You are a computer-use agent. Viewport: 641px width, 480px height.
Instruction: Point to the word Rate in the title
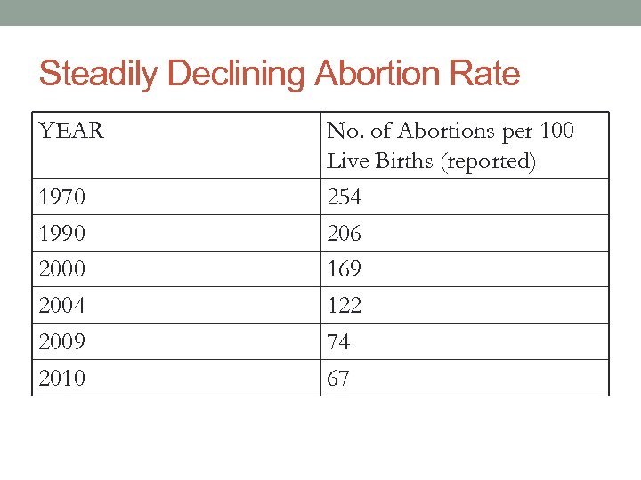tap(487, 74)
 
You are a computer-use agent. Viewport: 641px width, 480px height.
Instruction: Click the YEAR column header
tap(71, 132)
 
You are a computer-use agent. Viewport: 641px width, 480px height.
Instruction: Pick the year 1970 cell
tap(62, 197)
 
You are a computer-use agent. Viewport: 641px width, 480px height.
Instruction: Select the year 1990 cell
tap(62, 234)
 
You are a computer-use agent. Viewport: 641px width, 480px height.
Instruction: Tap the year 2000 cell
tap(62, 269)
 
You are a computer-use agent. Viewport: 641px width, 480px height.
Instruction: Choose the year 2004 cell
tap(62, 306)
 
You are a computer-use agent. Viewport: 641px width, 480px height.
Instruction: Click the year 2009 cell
tap(62, 342)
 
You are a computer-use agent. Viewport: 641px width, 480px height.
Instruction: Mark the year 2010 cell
tap(62, 379)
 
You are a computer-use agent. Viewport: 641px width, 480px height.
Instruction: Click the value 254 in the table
tap(345, 197)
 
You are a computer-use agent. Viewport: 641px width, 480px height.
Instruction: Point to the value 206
tap(345, 234)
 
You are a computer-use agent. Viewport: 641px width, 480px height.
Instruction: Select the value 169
tap(345, 269)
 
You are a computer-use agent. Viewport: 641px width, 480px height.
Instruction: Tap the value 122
tap(345, 306)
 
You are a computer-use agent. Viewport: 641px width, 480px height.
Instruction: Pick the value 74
tap(338, 342)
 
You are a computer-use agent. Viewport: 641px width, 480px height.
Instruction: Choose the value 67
tap(338, 379)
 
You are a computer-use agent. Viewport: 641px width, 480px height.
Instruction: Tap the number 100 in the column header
tap(556, 132)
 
